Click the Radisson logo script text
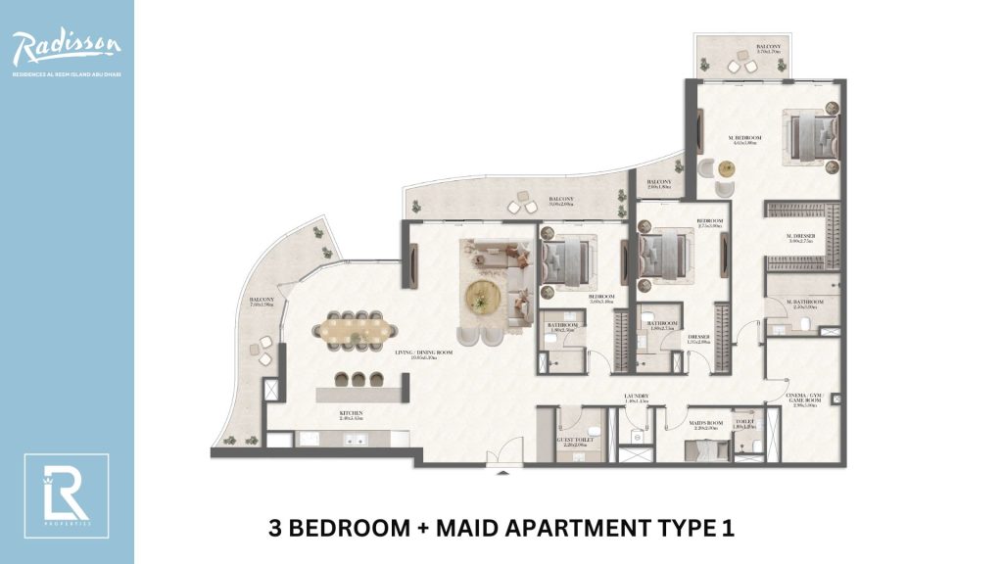tap(67, 45)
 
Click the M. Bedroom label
tap(744, 140)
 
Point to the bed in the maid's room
tap(701, 449)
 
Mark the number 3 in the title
tap(275, 529)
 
